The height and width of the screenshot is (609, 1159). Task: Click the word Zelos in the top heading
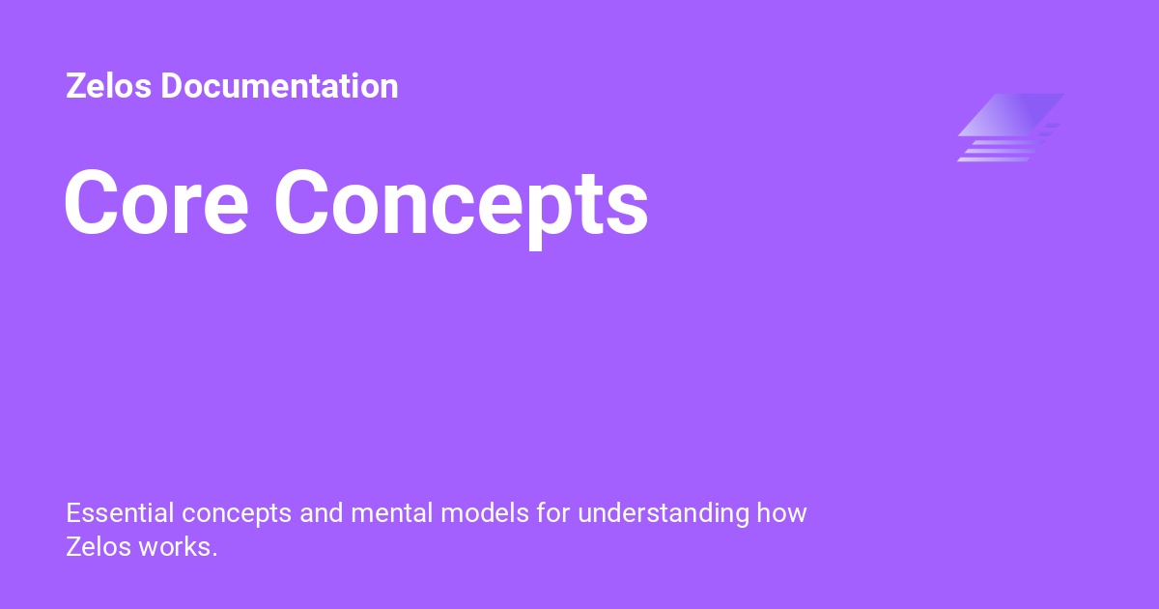click(109, 86)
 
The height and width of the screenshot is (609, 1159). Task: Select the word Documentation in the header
click(279, 86)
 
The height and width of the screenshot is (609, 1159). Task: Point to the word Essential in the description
click(120, 512)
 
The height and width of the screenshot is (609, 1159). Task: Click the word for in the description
click(554, 512)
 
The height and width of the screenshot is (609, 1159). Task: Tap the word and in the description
click(322, 512)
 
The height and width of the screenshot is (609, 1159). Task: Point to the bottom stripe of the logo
click(995, 159)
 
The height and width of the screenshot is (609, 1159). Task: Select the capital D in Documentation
click(171, 86)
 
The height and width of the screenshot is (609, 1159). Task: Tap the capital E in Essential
click(73, 512)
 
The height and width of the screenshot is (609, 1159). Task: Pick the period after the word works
click(215, 554)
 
